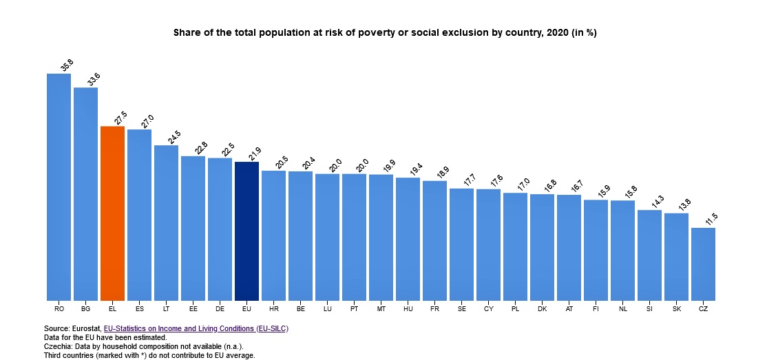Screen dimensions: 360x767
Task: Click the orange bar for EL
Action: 112,213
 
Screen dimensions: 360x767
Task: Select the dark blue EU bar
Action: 246,231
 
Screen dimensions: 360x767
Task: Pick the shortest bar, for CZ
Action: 703,264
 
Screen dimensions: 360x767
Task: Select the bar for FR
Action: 434,241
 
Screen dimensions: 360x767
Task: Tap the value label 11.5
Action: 711,220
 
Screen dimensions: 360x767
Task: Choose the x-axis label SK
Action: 676,309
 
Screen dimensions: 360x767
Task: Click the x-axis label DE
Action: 220,309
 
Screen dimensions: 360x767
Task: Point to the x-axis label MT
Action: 381,309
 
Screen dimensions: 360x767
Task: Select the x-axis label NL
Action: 622,309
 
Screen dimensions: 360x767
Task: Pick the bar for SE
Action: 461,244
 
